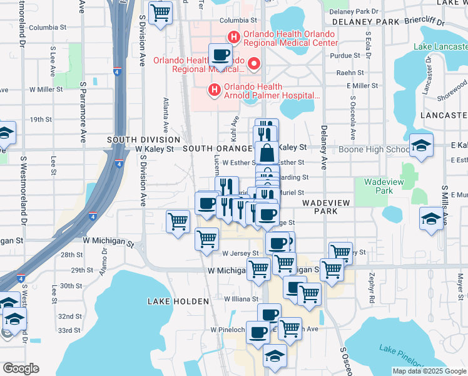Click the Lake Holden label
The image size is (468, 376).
[x=178, y=301]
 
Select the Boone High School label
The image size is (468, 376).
[x=374, y=149]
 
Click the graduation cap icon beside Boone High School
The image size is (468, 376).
[x=421, y=146]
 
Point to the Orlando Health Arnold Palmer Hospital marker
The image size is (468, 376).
[x=215, y=91]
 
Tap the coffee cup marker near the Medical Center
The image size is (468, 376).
[x=220, y=55]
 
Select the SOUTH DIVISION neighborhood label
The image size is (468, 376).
[x=143, y=140]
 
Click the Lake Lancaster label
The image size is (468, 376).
[x=440, y=46]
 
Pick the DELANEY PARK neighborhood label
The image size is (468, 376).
[x=366, y=21]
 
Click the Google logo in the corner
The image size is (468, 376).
[x=21, y=368]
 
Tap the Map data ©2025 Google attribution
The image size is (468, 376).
[x=429, y=371]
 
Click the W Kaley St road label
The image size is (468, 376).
[x=155, y=149]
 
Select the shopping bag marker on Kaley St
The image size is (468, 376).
[x=267, y=152]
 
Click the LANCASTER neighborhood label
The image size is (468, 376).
[x=444, y=115]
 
